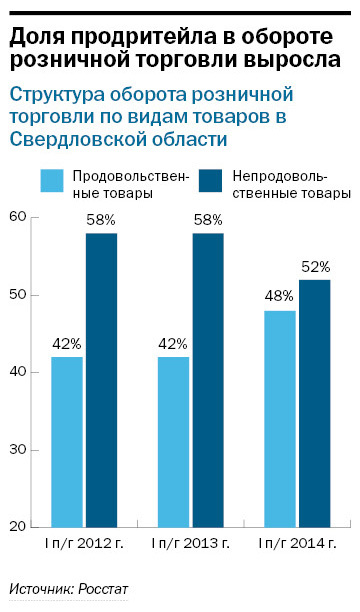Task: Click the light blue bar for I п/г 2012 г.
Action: (67, 441)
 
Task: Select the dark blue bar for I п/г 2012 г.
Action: (101, 379)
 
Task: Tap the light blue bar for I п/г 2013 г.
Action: (174, 441)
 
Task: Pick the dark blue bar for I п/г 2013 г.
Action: (208, 379)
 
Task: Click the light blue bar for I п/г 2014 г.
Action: (280, 418)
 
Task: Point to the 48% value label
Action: (279, 296)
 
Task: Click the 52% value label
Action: (315, 266)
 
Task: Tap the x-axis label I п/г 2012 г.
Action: (83, 544)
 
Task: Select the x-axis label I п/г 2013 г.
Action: (191, 544)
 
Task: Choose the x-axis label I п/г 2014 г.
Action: (298, 544)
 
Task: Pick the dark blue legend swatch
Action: (210, 180)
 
